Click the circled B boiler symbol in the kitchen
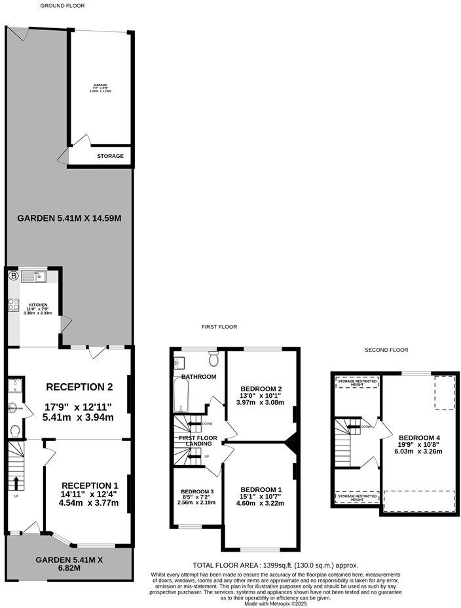(x=13, y=276)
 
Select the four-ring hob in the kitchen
(x=13, y=305)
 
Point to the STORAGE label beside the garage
(x=110, y=157)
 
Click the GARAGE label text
(x=100, y=85)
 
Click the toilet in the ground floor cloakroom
(x=14, y=430)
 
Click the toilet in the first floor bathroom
(x=213, y=358)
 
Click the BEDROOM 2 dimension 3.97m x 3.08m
(x=262, y=402)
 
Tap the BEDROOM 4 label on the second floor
(x=419, y=438)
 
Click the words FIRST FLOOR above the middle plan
(x=219, y=326)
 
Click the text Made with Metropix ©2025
(x=275, y=603)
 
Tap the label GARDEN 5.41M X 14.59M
(x=69, y=218)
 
